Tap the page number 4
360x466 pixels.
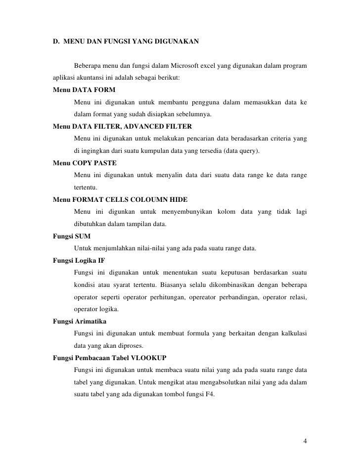(305, 441)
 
